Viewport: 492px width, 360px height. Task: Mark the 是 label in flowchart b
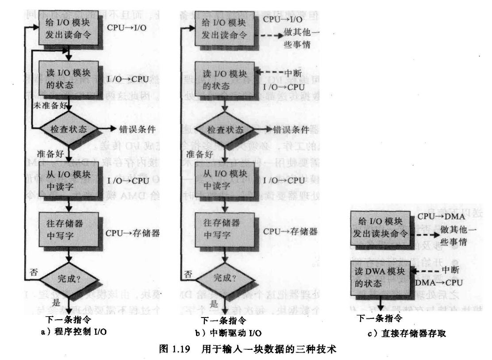click(214, 304)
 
